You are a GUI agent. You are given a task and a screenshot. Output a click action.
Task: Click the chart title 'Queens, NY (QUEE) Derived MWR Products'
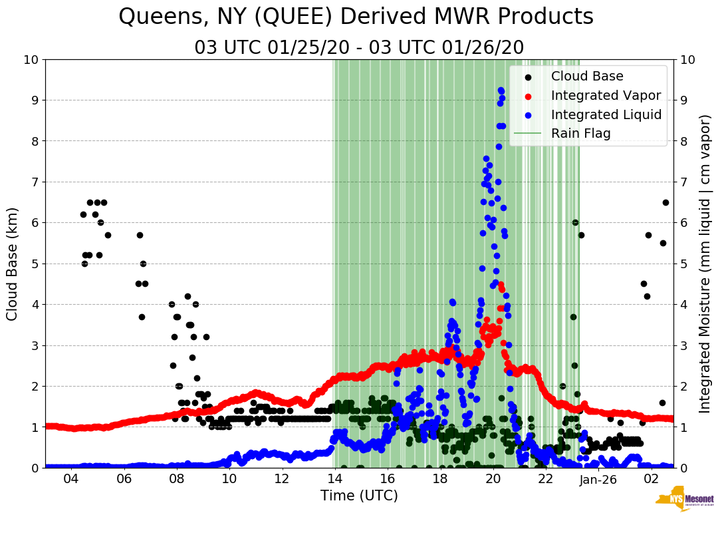click(x=356, y=17)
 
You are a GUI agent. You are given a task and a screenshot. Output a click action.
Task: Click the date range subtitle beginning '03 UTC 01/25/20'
click(x=359, y=48)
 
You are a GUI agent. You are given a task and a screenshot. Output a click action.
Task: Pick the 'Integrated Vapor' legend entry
click(x=606, y=96)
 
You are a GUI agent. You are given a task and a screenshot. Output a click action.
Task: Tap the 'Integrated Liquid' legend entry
click(x=606, y=115)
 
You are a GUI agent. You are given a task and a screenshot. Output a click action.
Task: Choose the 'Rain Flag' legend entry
click(x=580, y=134)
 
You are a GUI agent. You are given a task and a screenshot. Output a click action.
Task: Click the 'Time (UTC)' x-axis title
click(x=359, y=496)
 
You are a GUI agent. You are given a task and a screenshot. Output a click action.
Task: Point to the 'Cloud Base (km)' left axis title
click(x=13, y=264)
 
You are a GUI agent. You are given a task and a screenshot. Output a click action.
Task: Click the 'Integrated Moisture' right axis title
click(x=705, y=264)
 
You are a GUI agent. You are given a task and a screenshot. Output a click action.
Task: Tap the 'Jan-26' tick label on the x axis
click(x=598, y=479)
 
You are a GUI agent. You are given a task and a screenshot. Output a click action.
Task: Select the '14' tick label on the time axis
click(x=334, y=479)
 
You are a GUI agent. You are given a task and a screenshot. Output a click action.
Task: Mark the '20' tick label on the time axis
click(x=493, y=479)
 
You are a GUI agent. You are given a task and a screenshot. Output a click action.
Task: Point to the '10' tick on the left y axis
click(x=31, y=60)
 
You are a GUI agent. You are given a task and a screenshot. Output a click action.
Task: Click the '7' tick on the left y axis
click(x=35, y=182)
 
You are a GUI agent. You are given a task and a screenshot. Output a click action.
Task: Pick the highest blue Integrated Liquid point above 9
click(x=500, y=90)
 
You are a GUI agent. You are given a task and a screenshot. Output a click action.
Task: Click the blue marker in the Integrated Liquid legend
click(x=527, y=115)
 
